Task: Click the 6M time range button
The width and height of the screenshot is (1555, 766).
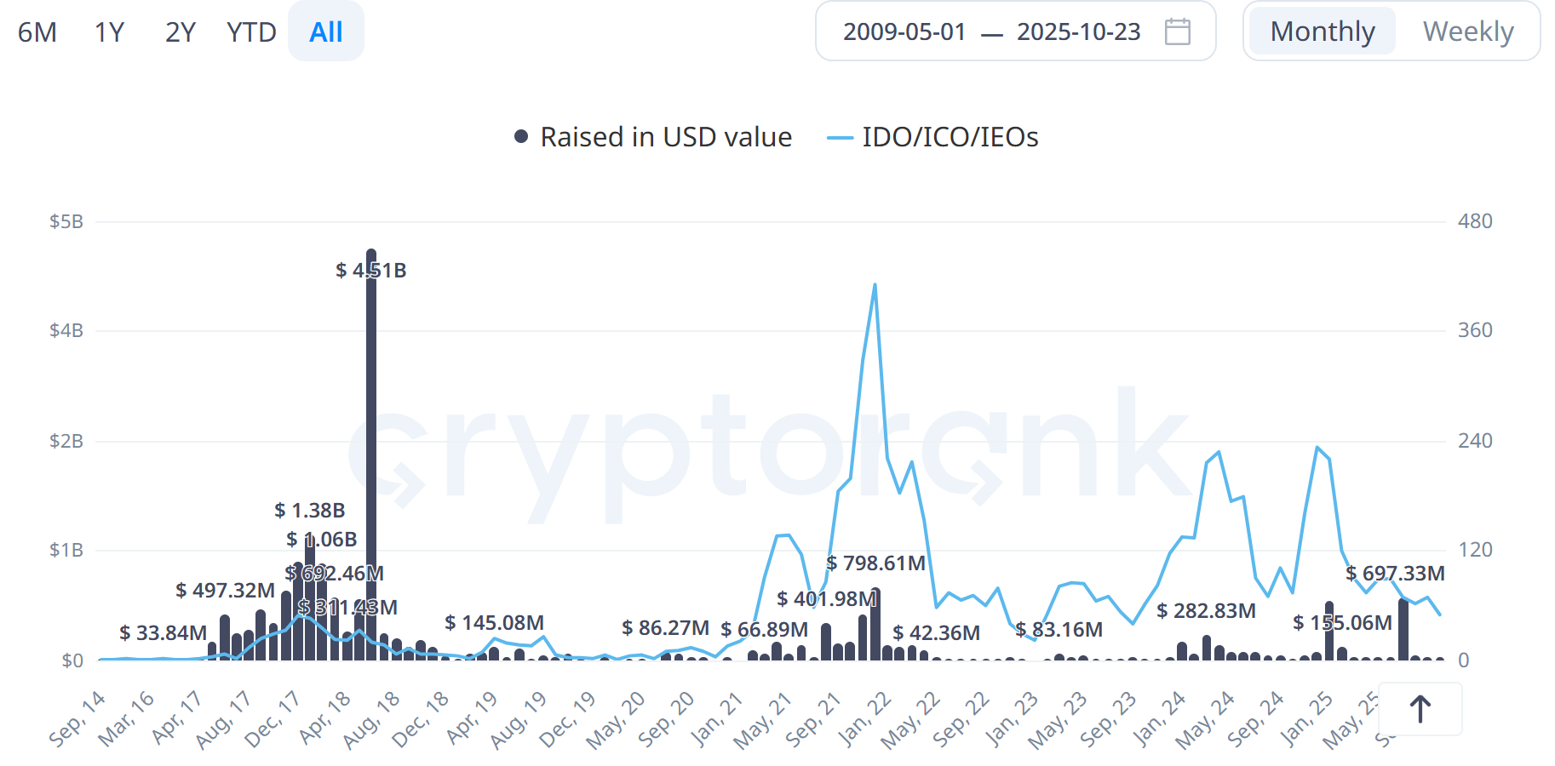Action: tap(37, 32)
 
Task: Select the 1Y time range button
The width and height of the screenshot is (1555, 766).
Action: tap(109, 32)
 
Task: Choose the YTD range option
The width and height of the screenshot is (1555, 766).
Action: tap(251, 32)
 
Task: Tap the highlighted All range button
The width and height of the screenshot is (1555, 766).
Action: tap(326, 32)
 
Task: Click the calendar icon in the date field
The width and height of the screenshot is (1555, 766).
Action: tap(1177, 32)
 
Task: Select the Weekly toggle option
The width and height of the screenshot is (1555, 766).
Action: tap(1467, 32)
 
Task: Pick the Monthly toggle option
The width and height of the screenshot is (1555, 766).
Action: tap(1322, 32)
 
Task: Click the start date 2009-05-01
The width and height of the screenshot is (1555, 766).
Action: tap(904, 32)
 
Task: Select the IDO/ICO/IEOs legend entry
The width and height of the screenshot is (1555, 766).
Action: tap(933, 137)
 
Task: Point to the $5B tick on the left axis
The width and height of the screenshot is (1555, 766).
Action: tap(66, 222)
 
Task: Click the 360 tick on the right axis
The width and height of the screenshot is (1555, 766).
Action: tap(1475, 330)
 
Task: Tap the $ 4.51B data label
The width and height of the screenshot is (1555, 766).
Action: tap(370, 271)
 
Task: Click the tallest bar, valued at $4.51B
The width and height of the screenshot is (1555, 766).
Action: tap(371, 460)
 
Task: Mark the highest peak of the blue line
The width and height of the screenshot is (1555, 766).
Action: tap(875, 285)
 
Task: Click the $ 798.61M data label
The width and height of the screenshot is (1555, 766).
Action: tap(875, 563)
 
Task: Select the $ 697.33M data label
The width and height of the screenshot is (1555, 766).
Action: tap(1395, 574)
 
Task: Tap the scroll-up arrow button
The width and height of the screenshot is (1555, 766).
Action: tap(1420, 709)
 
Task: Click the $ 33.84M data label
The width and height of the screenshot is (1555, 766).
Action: tap(163, 633)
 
